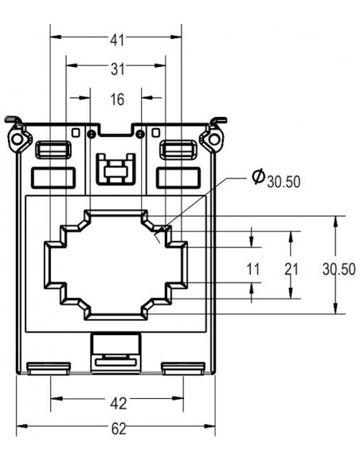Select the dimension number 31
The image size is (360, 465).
click(117, 69)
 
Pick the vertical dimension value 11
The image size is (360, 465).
click(252, 269)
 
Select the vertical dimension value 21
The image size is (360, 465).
click(291, 269)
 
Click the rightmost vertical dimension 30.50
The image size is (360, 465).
click(338, 269)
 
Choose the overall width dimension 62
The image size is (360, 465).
click(117, 429)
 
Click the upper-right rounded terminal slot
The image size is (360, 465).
click(178, 149)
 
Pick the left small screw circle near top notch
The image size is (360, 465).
click(92, 132)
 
